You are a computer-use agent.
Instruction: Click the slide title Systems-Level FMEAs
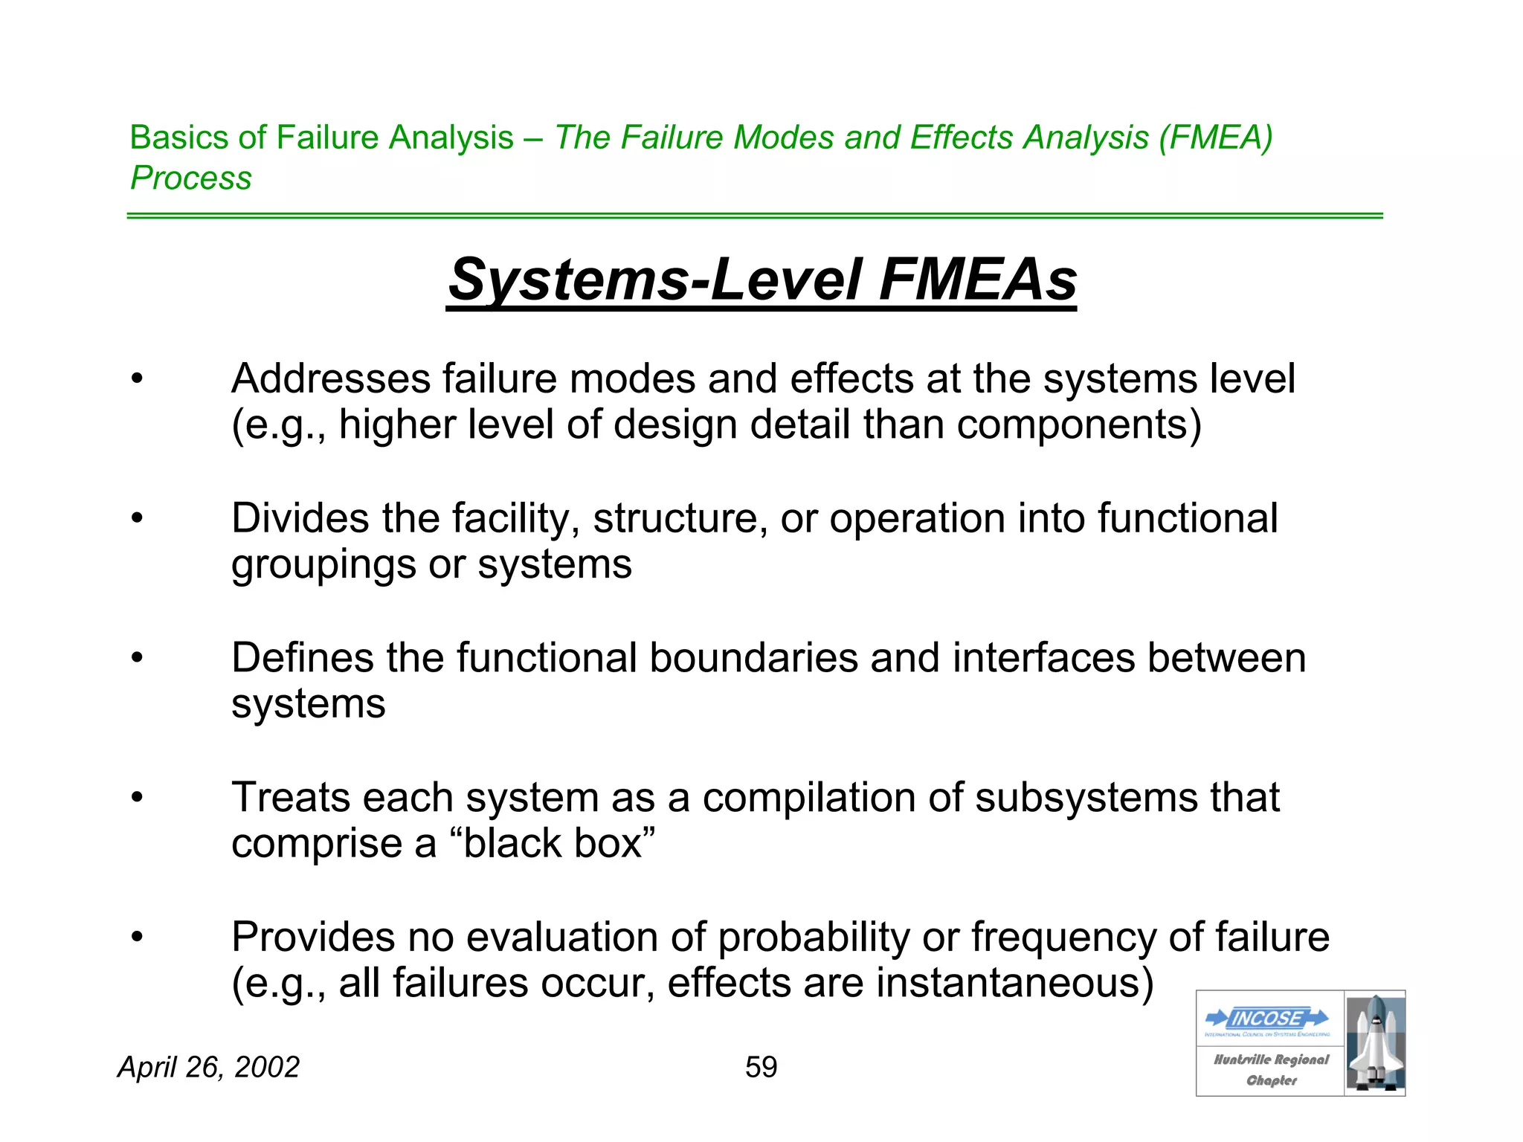pyautogui.click(x=761, y=280)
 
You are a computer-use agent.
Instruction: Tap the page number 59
pyautogui.click(x=761, y=1067)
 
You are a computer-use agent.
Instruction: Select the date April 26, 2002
pyautogui.click(x=208, y=1067)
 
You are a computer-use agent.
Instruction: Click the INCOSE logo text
pyautogui.click(x=1267, y=1018)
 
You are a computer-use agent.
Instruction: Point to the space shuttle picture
pyautogui.click(x=1375, y=1043)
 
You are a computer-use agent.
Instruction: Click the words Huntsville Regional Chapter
pyautogui.click(x=1271, y=1069)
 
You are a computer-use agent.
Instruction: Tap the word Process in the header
pyautogui.click(x=191, y=178)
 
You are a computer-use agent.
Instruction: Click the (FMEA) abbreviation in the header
pyautogui.click(x=1215, y=138)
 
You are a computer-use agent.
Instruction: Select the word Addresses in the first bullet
pyautogui.click(x=331, y=378)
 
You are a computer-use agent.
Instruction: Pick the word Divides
pyautogui.click(x=300, y=517)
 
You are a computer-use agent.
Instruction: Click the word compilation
pyautogui.click(x=809, y=797)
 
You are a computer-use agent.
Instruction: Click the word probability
pyautogui.click(x=814, y=937)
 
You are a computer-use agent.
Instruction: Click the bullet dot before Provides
pyautogui.click(x=136, y=937)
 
